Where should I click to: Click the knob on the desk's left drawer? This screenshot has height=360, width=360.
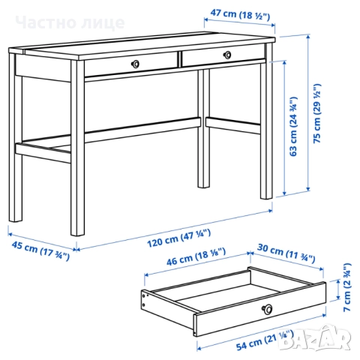135,64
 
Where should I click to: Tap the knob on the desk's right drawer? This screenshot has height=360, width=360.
226,54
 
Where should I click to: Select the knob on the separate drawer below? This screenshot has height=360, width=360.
266,308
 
